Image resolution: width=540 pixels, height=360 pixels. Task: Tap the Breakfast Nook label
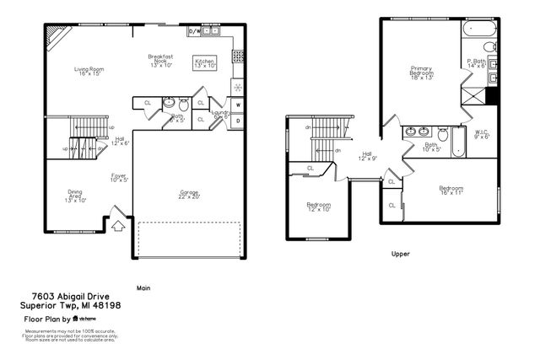(x=160, y=62)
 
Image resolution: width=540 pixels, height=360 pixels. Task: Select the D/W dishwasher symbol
(x=194, y=31)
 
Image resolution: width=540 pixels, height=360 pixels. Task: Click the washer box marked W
(x=239, y=105)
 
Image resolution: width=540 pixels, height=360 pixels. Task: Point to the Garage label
(x=189, y=195)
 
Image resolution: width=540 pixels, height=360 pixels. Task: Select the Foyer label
(x=119, y=177)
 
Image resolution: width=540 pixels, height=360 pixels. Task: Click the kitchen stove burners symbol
(x=239, y=57)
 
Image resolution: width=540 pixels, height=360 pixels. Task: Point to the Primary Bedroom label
(x=422, y=73)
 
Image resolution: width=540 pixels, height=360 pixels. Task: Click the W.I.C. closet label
(x=482, y=134)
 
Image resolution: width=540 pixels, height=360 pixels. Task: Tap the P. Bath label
(x=477, y=63)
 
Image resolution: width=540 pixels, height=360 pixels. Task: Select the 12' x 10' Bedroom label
(x=318, y=207)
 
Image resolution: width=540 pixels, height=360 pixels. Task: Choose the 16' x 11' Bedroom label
(x=451, y=190)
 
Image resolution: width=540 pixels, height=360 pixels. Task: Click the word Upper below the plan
(x=402, y=253)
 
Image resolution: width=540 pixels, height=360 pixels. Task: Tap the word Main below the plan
(x=143, y=287)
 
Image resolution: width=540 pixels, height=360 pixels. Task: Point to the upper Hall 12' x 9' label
(x=368, y=156)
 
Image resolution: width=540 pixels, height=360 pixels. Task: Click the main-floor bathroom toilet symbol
(x=182, y=104)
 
